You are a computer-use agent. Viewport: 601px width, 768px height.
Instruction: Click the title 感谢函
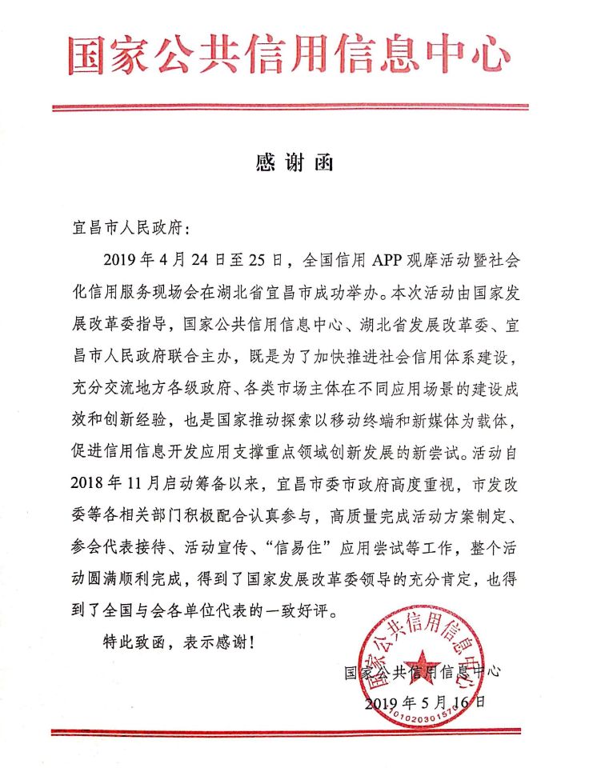294,163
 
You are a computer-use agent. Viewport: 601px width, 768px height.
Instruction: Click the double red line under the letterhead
290,107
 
